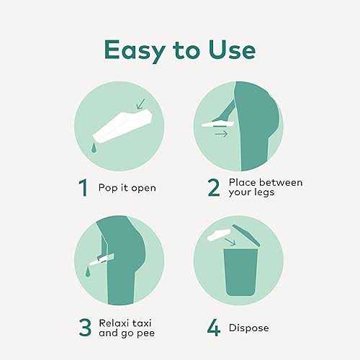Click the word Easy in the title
click(x=135, y=51)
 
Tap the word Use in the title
click(x=232, y=50)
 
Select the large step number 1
click(x=84, y=188)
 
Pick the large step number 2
click(x=214, y=188)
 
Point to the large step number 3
click(x=85, y=328)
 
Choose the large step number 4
click(x=214, y=328)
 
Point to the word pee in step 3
click(x=145, y=333)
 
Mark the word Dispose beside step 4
click(x=249, y=328)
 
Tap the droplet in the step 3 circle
click(x=88, y=272)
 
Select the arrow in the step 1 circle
click(x=141, y=104)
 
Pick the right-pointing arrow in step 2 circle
click(x=221, y=134)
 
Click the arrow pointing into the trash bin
click(x=230, y=242)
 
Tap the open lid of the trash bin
click(x=246, y=235)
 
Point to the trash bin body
click(x=240, y=272)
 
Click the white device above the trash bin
click(x=219, y=235)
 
